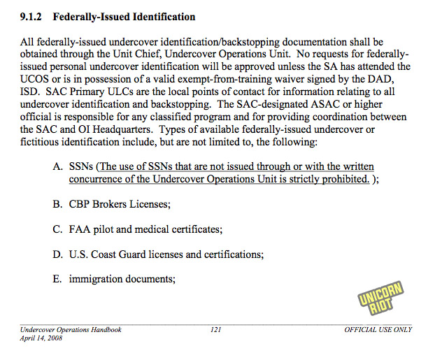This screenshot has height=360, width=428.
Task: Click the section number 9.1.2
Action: (31, 16)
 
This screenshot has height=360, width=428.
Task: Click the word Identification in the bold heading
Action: (162, 16)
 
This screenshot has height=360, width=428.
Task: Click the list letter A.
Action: (57, 167)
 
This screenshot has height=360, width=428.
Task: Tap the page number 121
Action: (216, 329)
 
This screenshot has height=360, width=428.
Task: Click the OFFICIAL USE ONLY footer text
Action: (377, 329)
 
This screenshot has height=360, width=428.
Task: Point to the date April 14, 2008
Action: (41, 338)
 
